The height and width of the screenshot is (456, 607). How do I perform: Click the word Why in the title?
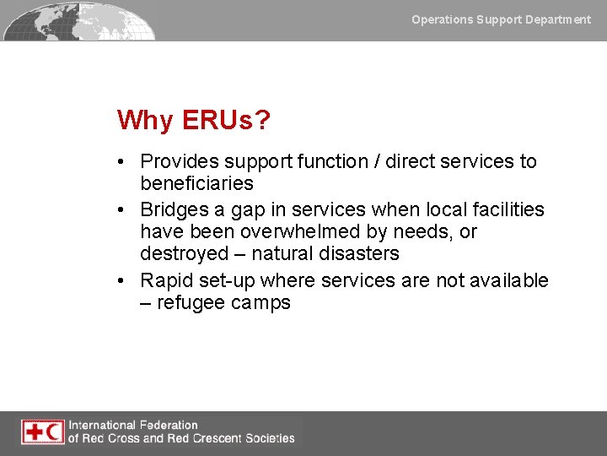pos(145,121)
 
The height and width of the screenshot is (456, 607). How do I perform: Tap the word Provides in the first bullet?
pos(180,161)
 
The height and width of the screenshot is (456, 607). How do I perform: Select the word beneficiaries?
pos(196,183)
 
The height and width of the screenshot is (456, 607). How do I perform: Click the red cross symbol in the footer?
pos(34,432)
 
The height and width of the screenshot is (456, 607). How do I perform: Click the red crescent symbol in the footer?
pos(54,432)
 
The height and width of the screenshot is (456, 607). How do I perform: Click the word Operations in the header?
pos(442,19)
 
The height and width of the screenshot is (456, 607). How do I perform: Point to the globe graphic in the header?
pos(80,20)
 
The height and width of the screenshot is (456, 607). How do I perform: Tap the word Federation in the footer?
pos(164,426)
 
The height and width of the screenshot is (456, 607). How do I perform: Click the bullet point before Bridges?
pos(123,209)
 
